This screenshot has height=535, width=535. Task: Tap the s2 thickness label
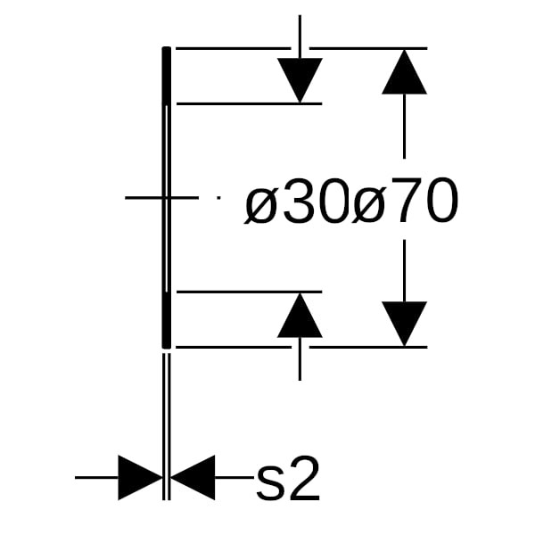click(x=287, y=481)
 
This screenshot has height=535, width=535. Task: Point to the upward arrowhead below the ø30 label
click(x=300, y=316)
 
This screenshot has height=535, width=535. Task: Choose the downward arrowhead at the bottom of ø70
click(x=405, y=323)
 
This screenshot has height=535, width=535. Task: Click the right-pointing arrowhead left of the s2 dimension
click(x=139, y=477)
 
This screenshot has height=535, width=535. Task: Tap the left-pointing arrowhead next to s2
click(x=193, y=477)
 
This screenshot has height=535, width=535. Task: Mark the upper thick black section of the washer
click(x=166, y=77)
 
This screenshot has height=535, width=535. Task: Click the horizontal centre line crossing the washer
click(x=160, y=197)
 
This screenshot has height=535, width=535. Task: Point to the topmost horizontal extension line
click(x=232, y=48)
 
